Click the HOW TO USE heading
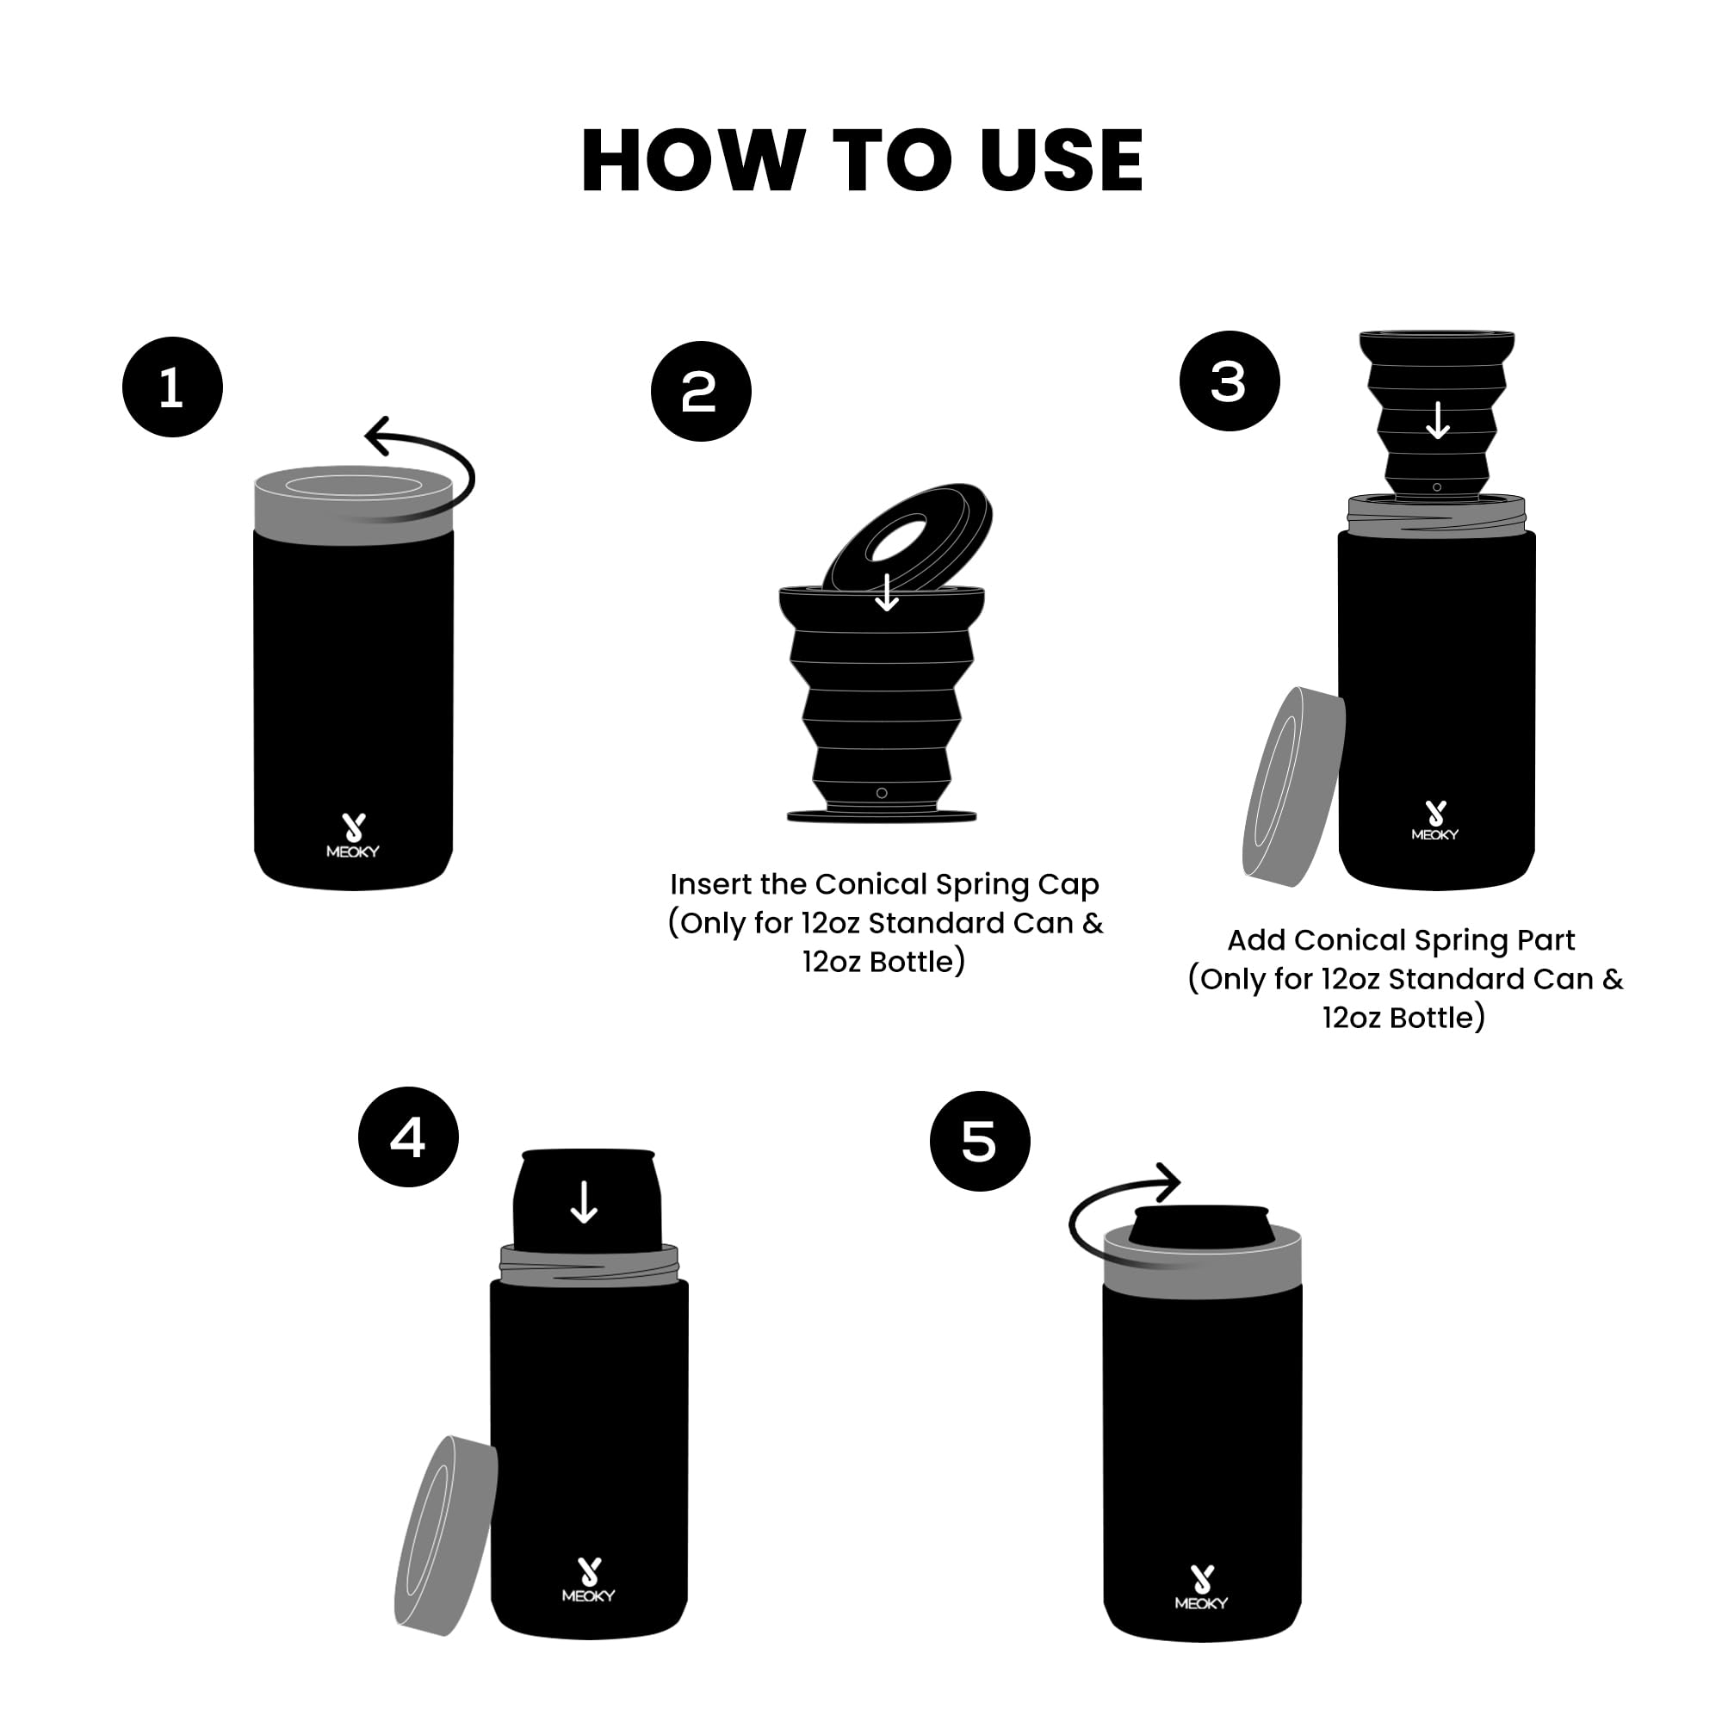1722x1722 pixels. [x=861, y=160]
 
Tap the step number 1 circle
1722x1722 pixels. [x=172, y=387]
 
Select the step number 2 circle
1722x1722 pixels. [x=701, y=391]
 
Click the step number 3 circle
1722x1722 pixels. [x=1230, y=381]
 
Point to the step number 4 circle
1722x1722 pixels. [x=408, y=1137]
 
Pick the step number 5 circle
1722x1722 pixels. [x=980, y=1141]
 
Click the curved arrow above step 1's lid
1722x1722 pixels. [x=428, y=455]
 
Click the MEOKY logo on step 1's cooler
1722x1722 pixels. [x=353, y=836]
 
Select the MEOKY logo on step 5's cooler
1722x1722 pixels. [x=1200, y=1588]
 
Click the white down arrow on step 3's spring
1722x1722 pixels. [x=1438, y=420]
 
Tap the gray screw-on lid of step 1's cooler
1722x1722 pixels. [x=354, y=505]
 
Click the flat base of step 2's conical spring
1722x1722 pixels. [x=882, y=815]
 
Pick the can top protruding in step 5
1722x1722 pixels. [x=1200, y=1229]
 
